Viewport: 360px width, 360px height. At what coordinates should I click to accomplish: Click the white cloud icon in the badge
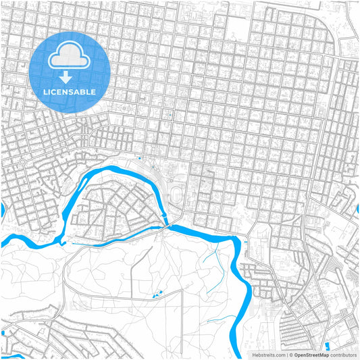click(x=70, y=57)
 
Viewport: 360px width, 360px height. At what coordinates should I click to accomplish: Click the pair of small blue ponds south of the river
click(x=157, y=294)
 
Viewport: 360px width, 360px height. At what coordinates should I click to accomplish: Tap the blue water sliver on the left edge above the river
click(x=2, y=211)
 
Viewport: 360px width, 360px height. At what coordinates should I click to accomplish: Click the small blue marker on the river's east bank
click(x=246, y=241)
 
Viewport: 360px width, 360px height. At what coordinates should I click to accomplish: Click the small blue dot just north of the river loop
click(x=139, y=159)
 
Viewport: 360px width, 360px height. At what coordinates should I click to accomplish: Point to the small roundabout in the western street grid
click(x=22, y=163)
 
